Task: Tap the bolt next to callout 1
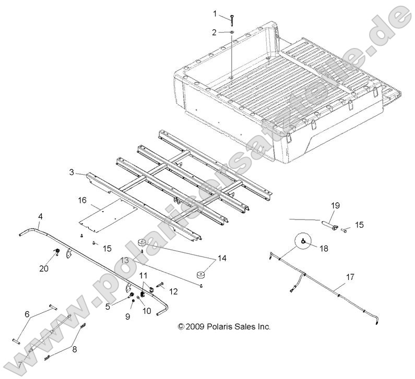[231, 19]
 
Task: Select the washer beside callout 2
[230, 33]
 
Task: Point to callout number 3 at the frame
[71, 172]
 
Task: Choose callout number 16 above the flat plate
[82, 200]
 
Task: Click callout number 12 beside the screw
[173, 290]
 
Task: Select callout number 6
[28, 315]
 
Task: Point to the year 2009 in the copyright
[195, 327]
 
